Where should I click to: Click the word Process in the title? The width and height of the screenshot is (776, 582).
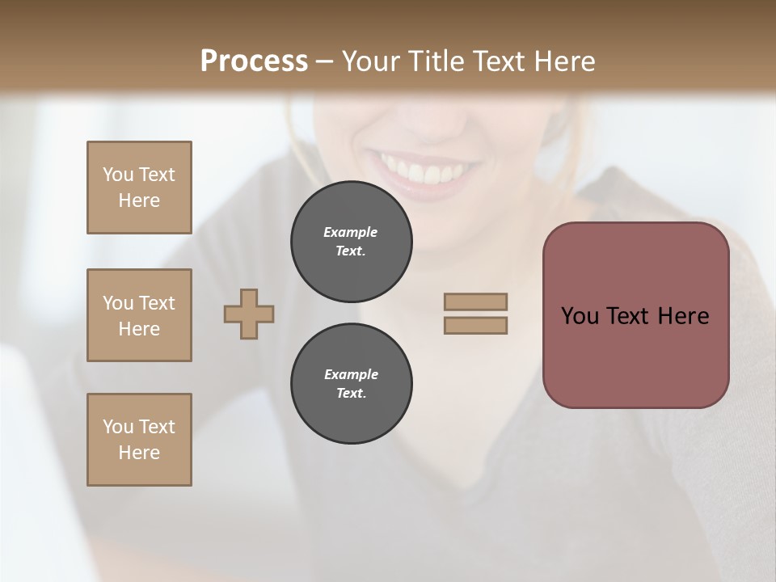[x=254, y=61]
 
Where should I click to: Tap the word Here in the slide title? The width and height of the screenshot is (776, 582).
[x=563, y=61]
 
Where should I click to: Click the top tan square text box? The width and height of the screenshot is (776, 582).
[x=139, y=188]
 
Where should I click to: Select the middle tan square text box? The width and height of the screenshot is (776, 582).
[x=139, y=315]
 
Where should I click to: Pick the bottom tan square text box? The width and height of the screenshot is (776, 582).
[x=139, y=440]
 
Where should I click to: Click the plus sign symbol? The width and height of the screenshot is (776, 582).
[x=249, y=314]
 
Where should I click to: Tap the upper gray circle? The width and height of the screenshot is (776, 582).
[x=351, y=242]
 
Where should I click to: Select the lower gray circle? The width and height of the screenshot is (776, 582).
[x=351, y=384]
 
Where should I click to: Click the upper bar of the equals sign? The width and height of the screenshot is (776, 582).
[x=476, y=302]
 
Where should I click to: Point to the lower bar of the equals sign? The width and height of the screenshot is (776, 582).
[x=476, y=325]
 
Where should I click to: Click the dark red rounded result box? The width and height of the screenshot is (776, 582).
[x=635, y=314]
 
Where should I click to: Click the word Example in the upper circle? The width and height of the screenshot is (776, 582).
[x=351, y=232]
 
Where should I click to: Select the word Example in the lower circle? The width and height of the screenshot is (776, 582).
[x=351, y=374]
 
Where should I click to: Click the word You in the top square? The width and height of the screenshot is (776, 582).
[x=118, y=175]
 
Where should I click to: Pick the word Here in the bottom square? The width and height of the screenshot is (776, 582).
[x=139, y=453]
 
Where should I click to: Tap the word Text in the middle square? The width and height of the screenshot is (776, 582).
[x=157, y=303]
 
